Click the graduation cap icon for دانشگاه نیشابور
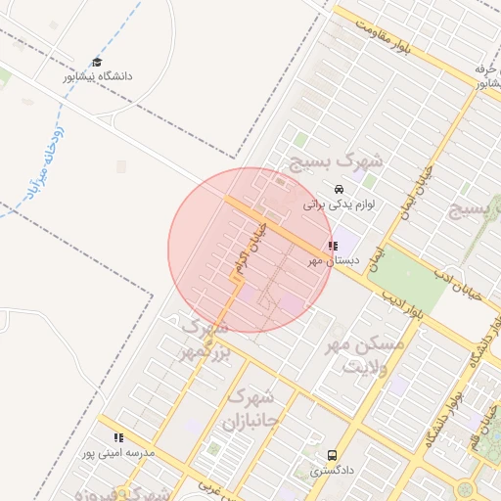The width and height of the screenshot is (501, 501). pos(96,62)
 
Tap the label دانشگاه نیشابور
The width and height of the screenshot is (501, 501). pos(98,76)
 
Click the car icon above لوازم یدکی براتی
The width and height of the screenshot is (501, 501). pos(339,189)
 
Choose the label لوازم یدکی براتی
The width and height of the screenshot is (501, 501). pos(340,205)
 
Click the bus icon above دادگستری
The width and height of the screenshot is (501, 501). pos(333,455)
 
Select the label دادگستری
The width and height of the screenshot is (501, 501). pos(333,471)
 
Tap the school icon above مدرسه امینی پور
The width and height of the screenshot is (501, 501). pos(119,438)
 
